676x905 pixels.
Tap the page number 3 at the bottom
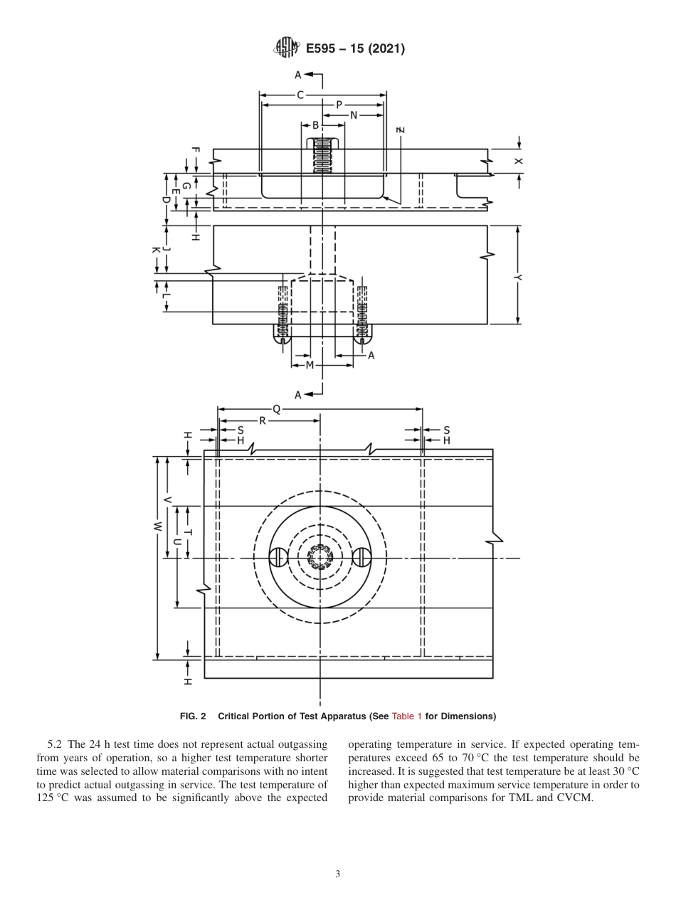point(338,874)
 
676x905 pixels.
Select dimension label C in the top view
point(300,94)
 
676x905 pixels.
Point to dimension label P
point(339,105)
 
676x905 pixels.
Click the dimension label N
point(353,115)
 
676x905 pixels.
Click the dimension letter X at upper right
point(519,162)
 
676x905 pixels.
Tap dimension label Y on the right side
point(519,276)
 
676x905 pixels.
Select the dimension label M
point(310,366)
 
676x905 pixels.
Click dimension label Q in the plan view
point(277,409)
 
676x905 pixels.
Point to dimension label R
point(262,420)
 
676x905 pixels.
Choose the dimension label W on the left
point(157,527)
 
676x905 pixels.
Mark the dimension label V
point(168,500)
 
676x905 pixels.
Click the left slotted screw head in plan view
point(279,558)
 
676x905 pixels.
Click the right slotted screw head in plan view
point(362,558)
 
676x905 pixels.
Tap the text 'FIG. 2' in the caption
point(192,716)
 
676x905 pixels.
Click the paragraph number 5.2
point(55,744)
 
